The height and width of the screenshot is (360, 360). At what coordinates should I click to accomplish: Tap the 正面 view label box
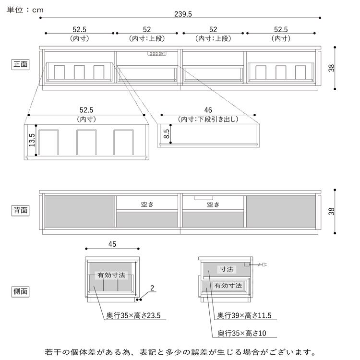coord(21,63)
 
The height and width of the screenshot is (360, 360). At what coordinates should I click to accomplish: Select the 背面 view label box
coord(21,210)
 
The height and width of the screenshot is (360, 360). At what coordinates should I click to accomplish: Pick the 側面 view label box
coord(21,291)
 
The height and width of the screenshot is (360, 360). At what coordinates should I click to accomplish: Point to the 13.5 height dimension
coord(32,143)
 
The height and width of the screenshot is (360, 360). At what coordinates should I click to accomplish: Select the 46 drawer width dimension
coord(208,110)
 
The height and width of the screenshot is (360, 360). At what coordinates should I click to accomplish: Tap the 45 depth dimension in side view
coord(112,244)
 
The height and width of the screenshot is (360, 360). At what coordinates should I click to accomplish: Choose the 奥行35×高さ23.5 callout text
coord(133,316)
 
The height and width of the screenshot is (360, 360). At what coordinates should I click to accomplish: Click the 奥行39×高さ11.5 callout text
coord(244,316)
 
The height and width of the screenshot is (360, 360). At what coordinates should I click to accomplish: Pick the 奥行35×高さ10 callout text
coord(241,332)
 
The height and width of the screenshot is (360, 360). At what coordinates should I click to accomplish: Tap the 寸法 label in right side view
coord(226,269)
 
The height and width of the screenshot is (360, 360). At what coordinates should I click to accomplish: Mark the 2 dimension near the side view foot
coord(152,288)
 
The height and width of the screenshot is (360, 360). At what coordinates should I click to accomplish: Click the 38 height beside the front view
coord(331,68)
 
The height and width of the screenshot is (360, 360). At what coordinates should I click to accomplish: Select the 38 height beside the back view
coord(331,212)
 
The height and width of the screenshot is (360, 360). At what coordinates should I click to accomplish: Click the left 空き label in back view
coord(147,204)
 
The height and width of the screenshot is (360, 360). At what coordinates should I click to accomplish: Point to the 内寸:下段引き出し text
coord(208,120)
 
